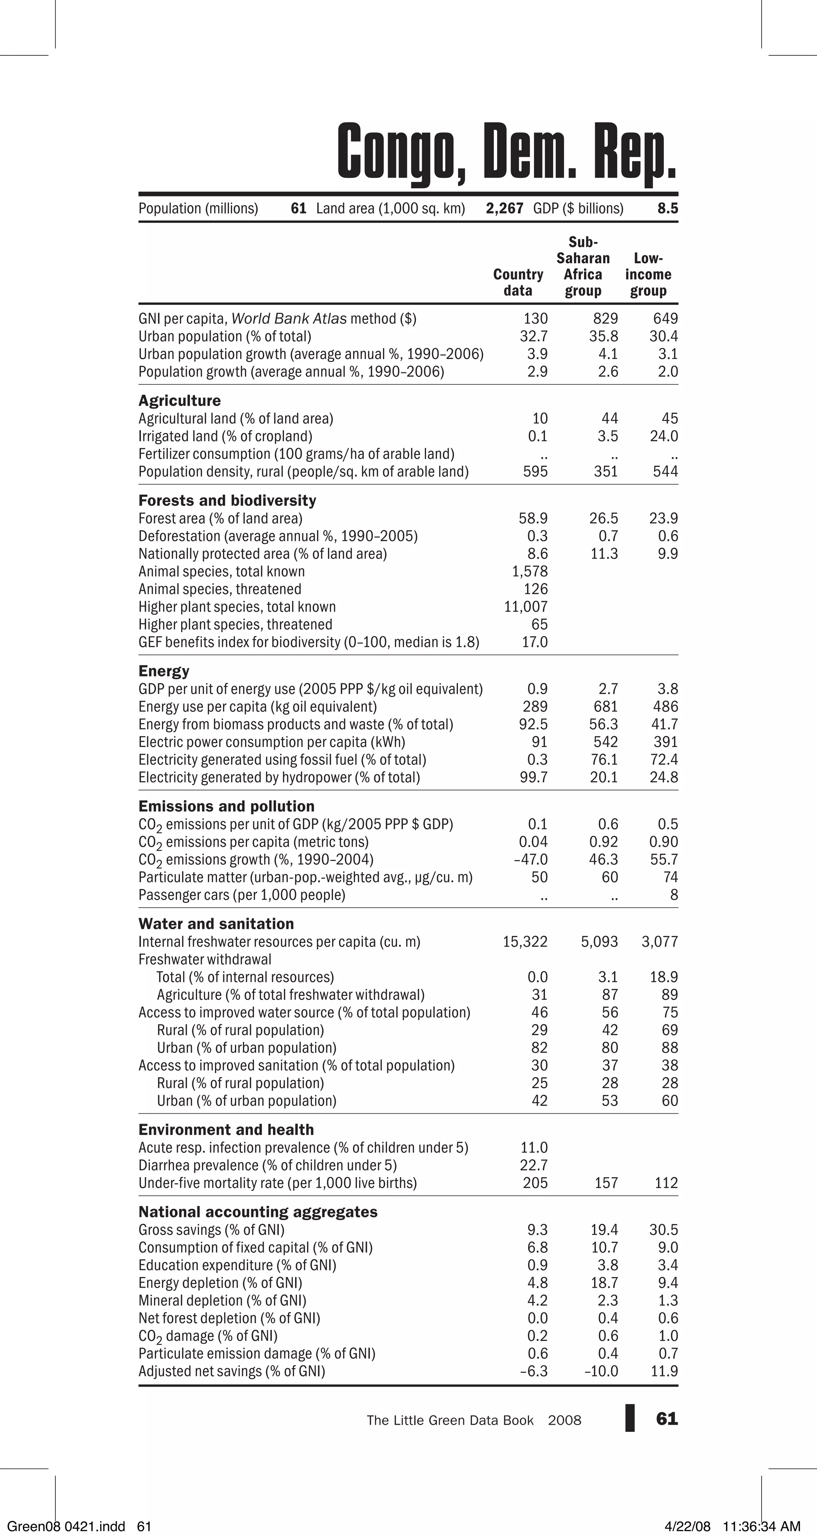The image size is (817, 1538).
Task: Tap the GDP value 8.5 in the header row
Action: (x=668, y=208)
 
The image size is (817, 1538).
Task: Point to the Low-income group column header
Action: (x=648, y=275)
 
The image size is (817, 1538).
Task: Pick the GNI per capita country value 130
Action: (x=535, y=319)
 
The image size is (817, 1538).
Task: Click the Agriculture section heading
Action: (x=179, y=401)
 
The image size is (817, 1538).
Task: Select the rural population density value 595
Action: (x=535, y=472)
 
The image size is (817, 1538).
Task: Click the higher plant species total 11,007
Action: (x=526, y=607)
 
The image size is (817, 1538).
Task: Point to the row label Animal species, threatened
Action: (x=220, y=589)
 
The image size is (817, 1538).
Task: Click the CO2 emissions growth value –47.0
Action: (x=531, y=860)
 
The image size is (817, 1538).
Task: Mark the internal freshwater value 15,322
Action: (x=525, y=942)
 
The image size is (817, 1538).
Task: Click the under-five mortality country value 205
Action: (x=535, y=1183)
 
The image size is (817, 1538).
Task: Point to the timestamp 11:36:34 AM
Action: (x=762, y=1526)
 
